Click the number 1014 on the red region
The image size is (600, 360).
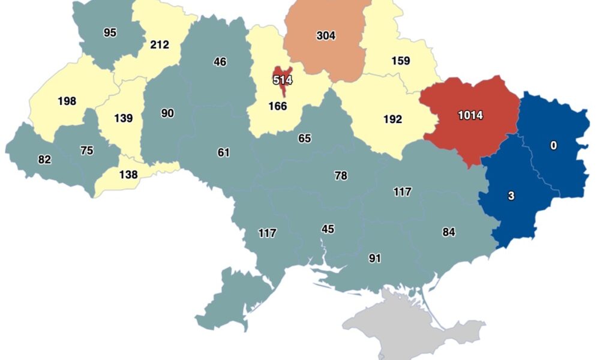(x=470, y=115)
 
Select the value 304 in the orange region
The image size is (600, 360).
(x=326, y=35)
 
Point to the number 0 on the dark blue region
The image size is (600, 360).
(x=553, y=145)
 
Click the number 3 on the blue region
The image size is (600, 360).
(x=511, y=196)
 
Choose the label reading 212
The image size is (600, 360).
(x=160, y=44)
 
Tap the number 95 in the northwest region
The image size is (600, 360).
(x=110, y=33)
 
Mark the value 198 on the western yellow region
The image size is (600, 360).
(x=67, y=101)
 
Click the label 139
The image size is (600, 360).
(x=122, y=118)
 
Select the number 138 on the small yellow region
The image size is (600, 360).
(x=128, y=175)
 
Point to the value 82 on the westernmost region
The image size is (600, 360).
(x=44, y=160)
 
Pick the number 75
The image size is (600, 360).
(x=86, y=151)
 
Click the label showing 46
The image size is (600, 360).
(x=220, y=61)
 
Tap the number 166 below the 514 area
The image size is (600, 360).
(x=278, y=106)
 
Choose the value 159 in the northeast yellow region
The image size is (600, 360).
(x=400, y=61)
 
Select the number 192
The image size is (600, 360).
(x=392, y=119)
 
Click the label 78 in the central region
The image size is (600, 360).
(x=341, y=176)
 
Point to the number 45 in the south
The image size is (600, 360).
(x=328, y=229)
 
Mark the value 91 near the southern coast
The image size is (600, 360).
(x=375, y=259)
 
